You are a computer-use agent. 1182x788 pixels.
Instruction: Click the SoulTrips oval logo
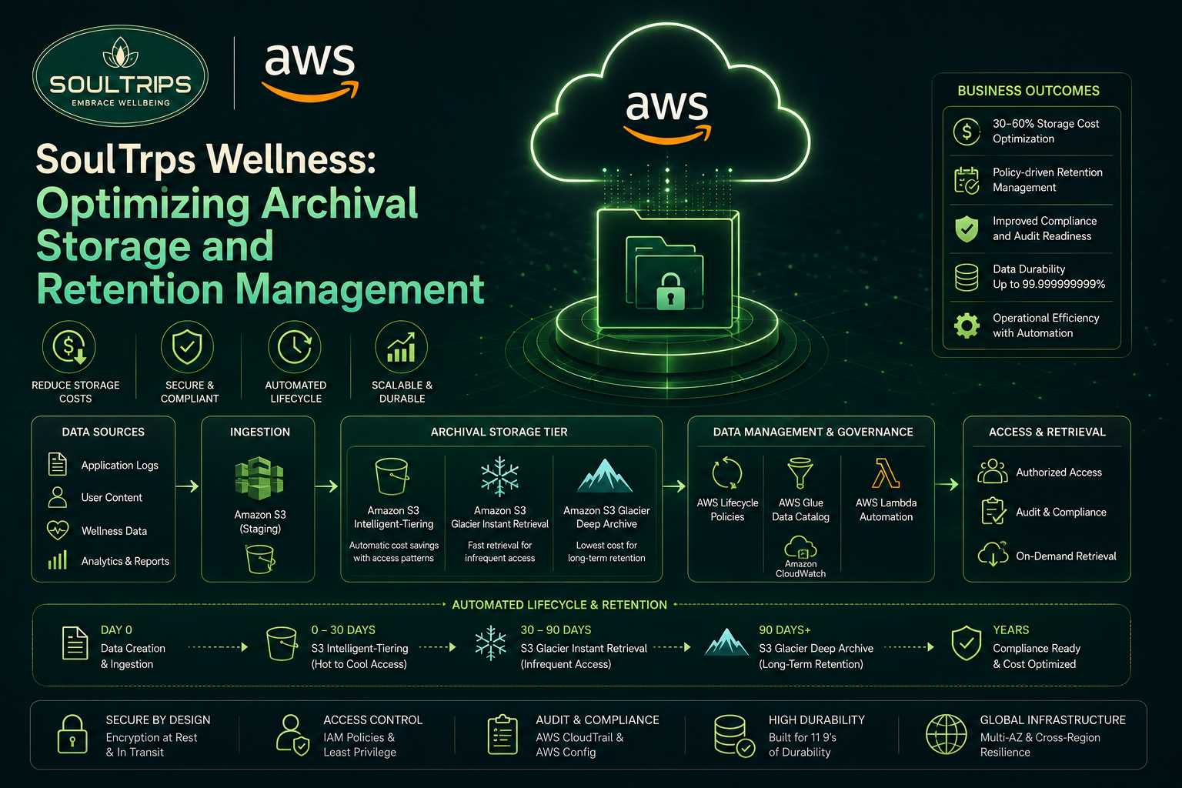pyautogui.click(x=120, y=75)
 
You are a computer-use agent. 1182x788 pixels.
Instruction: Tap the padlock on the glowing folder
pyautogui.click(x=670, y=292)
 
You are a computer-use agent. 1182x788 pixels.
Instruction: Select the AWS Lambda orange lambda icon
pyautogui.click(x=886, y=473)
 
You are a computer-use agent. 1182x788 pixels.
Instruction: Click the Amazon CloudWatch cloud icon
pyautogui.click(x=800, y=547)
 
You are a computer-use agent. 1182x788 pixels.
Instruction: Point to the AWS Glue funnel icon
pyautogui.click(x=800, y=473)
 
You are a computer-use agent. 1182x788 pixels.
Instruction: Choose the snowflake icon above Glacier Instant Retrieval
pyautogui.click(x=499, y=476)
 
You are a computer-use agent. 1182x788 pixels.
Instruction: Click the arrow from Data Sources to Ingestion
pyautogui.click(x=187, y=486)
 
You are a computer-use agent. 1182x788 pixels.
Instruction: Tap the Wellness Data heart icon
pyautogui.click(x=58, y=530)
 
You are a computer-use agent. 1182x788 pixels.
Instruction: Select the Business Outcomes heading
pyautogui.click(x=1028, y=91)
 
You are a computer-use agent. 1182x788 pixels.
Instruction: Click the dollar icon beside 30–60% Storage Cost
pyautogui.click(x=967, y=131)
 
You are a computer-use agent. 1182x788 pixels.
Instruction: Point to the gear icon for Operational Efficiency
pyautogui.click(x=967, y=325)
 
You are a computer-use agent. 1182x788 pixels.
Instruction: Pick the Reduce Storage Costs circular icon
pyautogui.click(x=69, y=347)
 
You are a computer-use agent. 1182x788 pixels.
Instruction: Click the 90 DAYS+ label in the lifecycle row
pyautogui.click(x=785, y=629)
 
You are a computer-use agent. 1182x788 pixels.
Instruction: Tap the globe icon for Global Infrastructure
pyautogui.click(x=946, y=734)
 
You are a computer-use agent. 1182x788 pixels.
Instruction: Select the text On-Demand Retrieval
pyautogui.click(x=1066, y=556)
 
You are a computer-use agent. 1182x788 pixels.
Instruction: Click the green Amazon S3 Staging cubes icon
pyautogui.click(x=259, y=478)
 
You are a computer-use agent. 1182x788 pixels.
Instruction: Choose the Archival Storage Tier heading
pyautogui.click(x=499, y=432)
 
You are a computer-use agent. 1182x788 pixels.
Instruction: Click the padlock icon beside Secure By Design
pyautogui.click(x=72, y=734)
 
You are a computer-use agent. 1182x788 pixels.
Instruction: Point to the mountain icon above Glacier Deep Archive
pyautogui.click(x=605, y=476)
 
